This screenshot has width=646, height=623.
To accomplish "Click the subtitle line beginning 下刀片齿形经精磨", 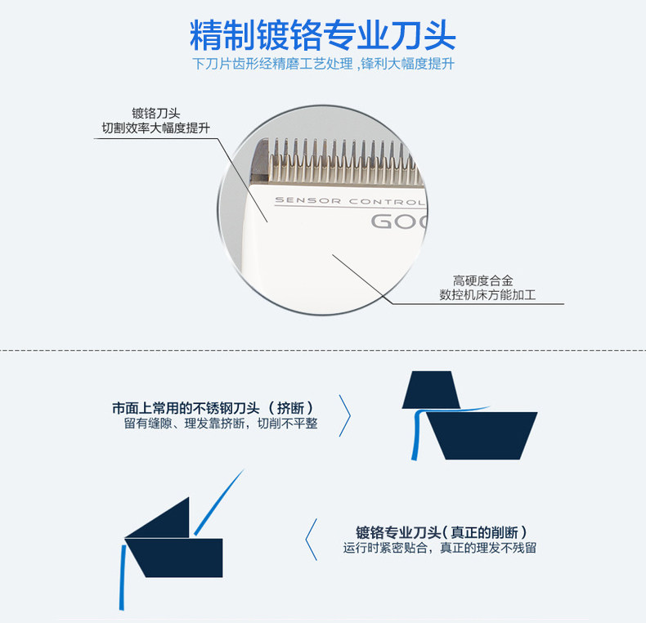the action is coord(322,65).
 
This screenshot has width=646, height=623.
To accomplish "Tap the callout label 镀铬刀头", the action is coord(155,113).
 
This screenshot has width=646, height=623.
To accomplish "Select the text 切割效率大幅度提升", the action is coord(155,128).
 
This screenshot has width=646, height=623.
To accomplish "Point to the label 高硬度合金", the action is coord(487,280).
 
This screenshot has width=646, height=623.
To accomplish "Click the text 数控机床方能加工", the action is coord(487,295).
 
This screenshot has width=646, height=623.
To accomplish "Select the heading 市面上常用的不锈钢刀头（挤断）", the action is coord(213,407).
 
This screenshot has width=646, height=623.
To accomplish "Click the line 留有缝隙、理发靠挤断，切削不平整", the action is coord(221,424).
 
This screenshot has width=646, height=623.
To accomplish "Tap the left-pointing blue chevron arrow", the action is coord(311,540).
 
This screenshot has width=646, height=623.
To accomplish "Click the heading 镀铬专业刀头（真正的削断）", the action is coord(442,531).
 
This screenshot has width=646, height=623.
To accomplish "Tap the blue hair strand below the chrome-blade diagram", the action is coord(122,580).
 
